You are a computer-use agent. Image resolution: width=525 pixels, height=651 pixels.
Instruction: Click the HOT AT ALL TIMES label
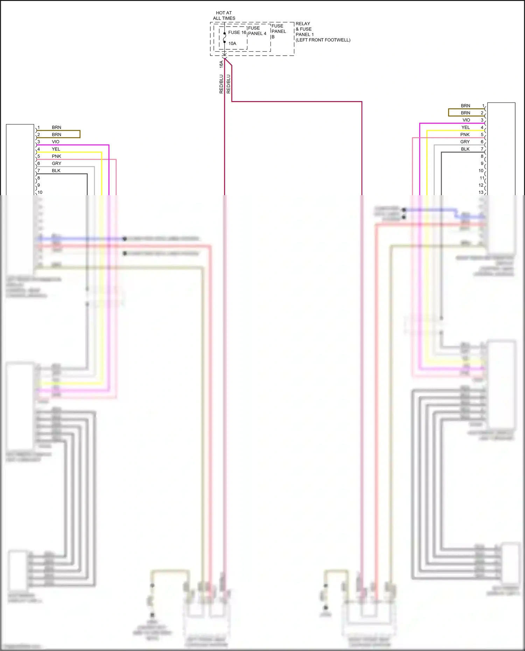click(x=224, y=15)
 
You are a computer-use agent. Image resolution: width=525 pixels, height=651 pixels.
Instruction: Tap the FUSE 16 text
click(x=237, y=33)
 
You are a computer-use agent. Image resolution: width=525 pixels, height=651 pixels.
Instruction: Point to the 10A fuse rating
click(x=232, y=43)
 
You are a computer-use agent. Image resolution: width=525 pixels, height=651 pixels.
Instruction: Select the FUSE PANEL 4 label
click(x=257, y=31)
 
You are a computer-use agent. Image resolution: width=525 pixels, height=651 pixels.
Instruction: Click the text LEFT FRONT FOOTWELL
click(x=323, y=40)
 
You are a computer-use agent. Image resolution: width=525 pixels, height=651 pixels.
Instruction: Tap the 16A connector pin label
click(x=221, y=64)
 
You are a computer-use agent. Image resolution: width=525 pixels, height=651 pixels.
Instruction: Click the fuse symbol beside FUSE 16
click(x=224, y=38)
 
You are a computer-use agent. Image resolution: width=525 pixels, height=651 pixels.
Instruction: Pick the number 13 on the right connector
click(x=481, y=192)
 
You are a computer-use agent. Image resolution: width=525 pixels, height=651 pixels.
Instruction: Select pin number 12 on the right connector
click(x=481, y=185)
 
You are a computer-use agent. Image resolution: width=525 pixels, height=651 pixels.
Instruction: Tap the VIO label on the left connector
click(x=56, y=142)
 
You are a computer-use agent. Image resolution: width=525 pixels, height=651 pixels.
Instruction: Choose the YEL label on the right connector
click(x=465, y=127)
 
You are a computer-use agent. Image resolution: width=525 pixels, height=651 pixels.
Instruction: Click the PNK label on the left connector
click(x=56, y=156)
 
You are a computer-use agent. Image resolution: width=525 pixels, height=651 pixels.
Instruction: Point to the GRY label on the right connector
click(x=465, y=142)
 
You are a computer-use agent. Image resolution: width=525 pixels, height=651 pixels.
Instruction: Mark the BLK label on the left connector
click(x=56, y=171)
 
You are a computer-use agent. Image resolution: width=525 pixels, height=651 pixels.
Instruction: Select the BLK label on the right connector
click(x=465, y=149)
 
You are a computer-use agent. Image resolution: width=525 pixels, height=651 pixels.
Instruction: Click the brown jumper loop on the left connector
click(x=80, y=134)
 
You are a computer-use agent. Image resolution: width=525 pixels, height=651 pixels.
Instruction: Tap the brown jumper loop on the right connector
click(x=449, y=112)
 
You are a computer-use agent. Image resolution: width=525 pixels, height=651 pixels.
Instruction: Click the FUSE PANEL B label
click(x=278, y=31)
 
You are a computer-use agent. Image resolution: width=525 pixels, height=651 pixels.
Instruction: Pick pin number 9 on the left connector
click(x=38, y=185)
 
